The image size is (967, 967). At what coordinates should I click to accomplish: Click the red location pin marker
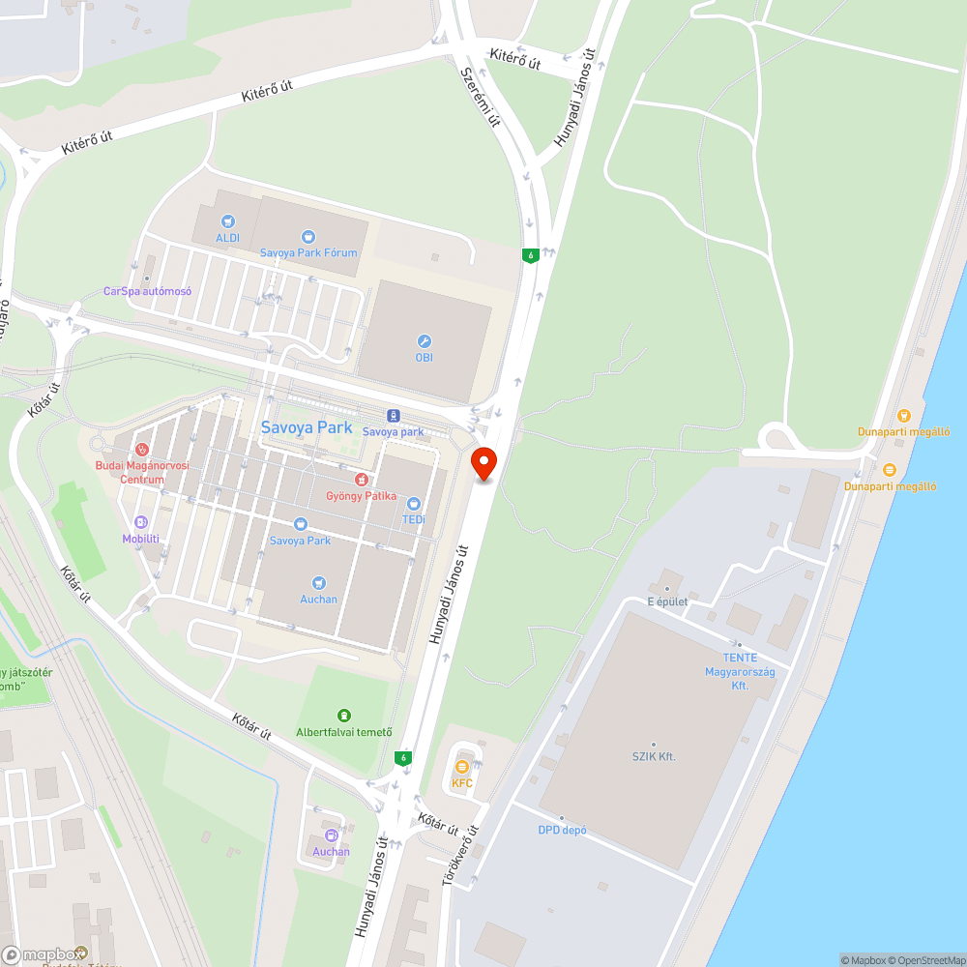tap(483, 462)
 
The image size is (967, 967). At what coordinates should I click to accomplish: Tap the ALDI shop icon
tap(227, 221)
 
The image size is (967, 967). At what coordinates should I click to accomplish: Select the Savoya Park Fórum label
tap(308, 252)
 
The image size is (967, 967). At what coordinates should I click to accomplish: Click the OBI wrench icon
tap(424, 341)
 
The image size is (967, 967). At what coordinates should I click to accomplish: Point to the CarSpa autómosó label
tap(148, 291)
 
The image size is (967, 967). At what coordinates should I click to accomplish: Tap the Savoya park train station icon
tap(394, 416)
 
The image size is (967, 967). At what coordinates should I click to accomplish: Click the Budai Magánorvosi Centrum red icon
tap(141, 450)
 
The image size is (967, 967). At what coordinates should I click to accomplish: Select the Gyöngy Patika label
tap(360, 496)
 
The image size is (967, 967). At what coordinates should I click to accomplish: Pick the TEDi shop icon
tap(414, 504)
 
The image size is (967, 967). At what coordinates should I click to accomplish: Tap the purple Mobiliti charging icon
tap(141, 522)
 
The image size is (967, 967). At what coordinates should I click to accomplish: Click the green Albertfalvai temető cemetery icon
tap(344, 716)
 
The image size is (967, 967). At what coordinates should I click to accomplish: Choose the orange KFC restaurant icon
tap(462, 767)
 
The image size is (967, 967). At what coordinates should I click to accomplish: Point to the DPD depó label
tap(563, 830)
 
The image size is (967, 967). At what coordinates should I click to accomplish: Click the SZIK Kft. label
tap(654, 756)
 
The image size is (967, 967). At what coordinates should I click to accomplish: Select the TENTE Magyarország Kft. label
tap(740, 671)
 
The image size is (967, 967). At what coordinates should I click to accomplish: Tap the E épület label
tap(667, 601)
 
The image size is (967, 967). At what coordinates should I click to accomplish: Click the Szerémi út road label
tap(481, 97)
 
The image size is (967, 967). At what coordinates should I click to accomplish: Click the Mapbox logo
tap(44, 954)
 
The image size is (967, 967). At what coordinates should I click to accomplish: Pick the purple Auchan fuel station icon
tap(331, 835)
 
